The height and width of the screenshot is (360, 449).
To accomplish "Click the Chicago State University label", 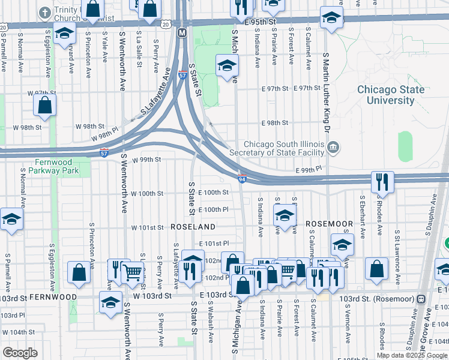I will coord(390,95).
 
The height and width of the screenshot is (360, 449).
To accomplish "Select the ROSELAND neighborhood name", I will coord(193,227).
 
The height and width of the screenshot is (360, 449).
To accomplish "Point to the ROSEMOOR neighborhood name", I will coord(329,223).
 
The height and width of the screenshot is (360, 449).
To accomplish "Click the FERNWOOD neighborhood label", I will coord(53,297).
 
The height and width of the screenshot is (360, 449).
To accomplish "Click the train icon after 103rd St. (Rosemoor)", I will coord(421,298).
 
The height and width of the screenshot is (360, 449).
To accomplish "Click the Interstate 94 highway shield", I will coord(241,178).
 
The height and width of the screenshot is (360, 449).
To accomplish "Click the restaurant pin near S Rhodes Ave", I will coord(382,182).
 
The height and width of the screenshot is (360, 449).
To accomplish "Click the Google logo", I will coord(20,352).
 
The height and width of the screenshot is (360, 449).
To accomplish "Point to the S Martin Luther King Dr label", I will coord(327,92).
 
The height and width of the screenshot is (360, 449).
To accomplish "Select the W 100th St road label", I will coord(147,193).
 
